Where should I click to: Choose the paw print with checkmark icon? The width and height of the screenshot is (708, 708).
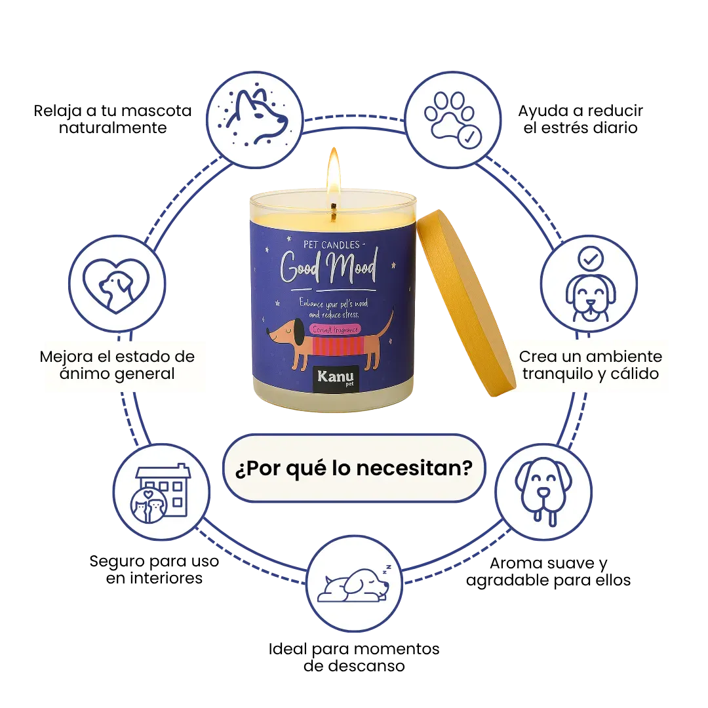pos(453,119)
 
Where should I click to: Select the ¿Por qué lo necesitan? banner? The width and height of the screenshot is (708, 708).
pos(354,468)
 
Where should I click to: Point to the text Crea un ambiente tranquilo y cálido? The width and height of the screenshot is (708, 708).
pos(590,366)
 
